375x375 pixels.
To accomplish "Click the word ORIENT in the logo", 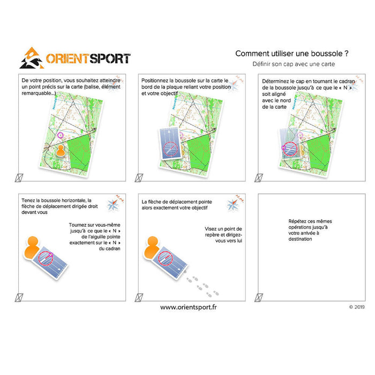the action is [x=67, y=58].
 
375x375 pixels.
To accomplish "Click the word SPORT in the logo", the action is [x=110, y=58].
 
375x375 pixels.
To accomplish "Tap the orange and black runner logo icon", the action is [x=32, y=58].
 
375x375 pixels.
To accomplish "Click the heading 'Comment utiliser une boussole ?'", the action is [x=292, y=54].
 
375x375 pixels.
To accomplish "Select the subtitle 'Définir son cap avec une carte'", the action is [x=294, y=64].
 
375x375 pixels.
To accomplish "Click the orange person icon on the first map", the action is [x=61, y=151].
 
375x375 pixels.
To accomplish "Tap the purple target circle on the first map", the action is [x=61, y=135].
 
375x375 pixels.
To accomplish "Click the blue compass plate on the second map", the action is [x=170, y=144].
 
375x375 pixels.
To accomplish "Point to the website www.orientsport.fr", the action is [x=189, y=307].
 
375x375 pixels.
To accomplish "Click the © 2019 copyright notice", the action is [x=357, y=307].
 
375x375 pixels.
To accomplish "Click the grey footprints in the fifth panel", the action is [x=202, y=286].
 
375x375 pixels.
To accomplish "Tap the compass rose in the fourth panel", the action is [x=113, y=205].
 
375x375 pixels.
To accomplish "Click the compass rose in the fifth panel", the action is [x=233, y=205].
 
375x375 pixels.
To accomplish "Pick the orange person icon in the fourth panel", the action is [x=32, y=247].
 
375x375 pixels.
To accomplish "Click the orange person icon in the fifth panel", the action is [x=152, y=247].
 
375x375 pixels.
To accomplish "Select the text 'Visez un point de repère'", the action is [x=223, y=232].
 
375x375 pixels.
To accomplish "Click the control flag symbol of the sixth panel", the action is [x=259, y=297].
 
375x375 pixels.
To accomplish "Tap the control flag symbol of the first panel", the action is [x=19, y=178].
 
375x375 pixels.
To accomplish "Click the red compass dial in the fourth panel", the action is [x=46, y=258].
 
